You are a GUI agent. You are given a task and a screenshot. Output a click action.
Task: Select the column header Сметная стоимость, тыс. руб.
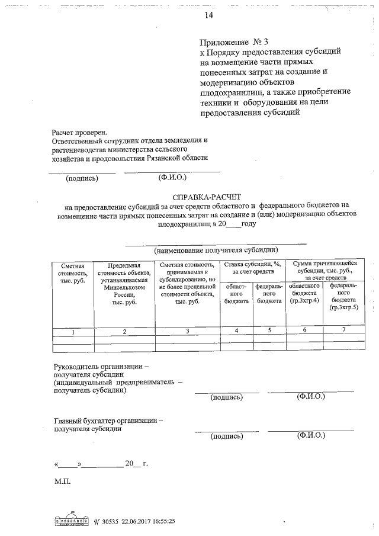pos(72,273)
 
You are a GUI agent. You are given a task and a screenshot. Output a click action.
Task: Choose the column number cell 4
pos(236,330)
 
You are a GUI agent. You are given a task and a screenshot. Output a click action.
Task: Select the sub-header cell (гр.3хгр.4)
pos(304,301)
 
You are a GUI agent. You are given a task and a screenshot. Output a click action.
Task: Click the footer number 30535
pos(109,521)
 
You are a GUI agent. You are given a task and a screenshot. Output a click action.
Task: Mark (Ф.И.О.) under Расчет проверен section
pos(172,176)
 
